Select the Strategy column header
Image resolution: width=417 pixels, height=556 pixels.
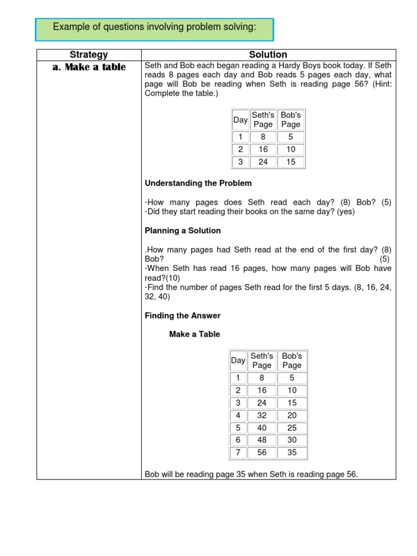[x=89, y=55]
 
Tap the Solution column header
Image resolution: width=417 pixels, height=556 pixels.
[x=268, y=55]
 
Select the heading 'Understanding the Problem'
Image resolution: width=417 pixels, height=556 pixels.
[x=198, y=183]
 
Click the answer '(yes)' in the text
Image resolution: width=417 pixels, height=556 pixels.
[x=345, y=212]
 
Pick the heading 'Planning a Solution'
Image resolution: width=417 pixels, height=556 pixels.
[x=182, y=231]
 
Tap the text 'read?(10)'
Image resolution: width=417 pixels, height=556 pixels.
[x=162, y=277]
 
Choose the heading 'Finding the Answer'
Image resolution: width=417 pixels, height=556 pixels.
[x=182, y=315]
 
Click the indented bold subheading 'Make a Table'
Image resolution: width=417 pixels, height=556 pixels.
[x=194, y=334]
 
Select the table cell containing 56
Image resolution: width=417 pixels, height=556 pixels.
[x=262, y=453]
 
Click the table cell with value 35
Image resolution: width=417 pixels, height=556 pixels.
[x=292, y=453]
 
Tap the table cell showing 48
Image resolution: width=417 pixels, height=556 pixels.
[x=262, y=440]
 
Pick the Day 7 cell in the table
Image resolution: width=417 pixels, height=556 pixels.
[x=238, y=453]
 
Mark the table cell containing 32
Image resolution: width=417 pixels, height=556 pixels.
[x=262, y=415]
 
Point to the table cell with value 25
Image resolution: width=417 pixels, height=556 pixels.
[x=292, y=428]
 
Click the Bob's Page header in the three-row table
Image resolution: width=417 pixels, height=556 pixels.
[x=291, y=119]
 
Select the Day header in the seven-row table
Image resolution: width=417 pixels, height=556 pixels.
[x=238, y=361]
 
